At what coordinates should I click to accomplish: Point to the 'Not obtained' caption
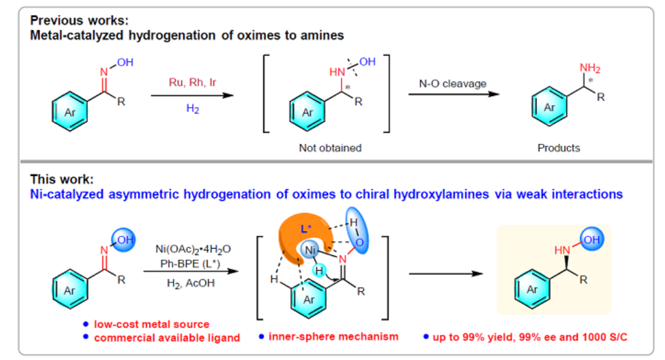(x=330, y=148)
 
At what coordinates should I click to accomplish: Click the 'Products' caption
(x=558, y=148)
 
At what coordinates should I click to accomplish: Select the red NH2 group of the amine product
(x=590, y=68)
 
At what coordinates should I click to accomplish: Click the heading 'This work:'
(x=62, y=179)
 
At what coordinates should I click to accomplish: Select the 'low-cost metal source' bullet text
(x=152, y=324)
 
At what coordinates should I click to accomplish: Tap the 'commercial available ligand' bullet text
(x=167, y=337)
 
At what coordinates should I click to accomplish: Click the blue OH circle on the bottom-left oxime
(x=122, y=239)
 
